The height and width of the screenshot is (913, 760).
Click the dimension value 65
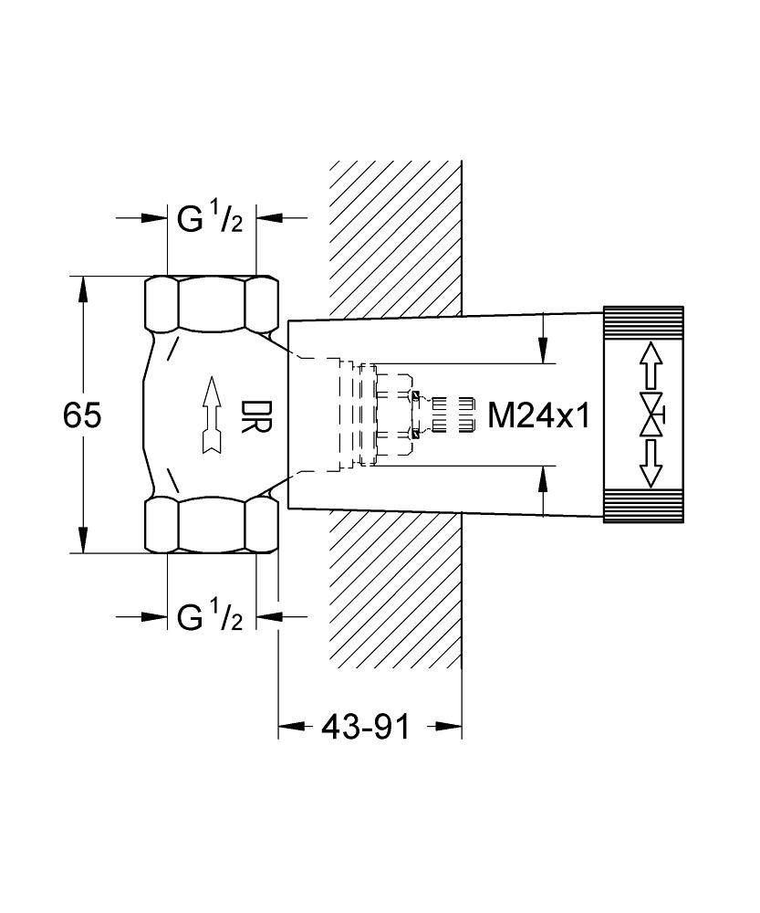click(x=82, y=416)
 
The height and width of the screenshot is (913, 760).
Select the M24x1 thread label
click(x=540, y=416)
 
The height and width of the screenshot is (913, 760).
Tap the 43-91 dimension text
click(x=365, y=728)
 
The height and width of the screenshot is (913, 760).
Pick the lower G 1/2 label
click(x=210, y=618)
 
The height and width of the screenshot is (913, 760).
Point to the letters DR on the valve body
click(x=251, y=417)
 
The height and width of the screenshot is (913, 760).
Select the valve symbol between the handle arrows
click(x=651, y=416)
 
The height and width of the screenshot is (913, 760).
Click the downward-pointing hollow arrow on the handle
click(x=650, y=466)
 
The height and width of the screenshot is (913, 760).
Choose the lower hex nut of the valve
click(x=212, y=525)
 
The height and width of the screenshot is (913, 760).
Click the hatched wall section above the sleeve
click(x=395, y=237)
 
